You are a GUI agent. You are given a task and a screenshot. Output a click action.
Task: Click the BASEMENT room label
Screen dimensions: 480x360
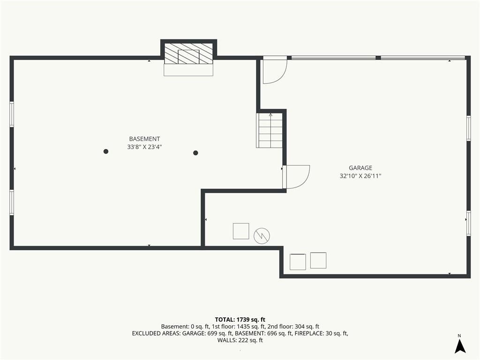point(144,139)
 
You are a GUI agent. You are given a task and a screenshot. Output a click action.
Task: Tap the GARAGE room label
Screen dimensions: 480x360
point(360,168)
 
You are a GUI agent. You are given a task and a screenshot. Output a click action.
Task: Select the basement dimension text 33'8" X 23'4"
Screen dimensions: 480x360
point(144,147)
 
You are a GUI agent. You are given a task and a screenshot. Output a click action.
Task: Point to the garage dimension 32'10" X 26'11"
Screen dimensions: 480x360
point(360,176)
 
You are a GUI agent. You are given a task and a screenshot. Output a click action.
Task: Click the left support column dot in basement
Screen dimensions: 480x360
point(106,151)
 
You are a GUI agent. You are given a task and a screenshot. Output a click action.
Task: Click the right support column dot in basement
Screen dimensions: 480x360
point(195,153)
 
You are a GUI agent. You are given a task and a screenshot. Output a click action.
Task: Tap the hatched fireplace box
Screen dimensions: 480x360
point(188,53)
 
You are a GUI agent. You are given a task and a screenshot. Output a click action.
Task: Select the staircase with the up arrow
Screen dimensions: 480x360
point(270,130)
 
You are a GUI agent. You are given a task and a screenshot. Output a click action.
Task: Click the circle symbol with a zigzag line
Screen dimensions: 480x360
point(262,236)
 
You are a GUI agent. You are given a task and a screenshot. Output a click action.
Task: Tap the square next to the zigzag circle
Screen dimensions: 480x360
point(241,231)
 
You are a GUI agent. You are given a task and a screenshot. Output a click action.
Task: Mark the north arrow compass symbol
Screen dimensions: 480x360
point(460,346)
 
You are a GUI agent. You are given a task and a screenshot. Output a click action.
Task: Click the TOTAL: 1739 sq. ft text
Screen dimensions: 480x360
point(240,320)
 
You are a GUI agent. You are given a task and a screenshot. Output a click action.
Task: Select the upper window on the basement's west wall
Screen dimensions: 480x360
point(12,114)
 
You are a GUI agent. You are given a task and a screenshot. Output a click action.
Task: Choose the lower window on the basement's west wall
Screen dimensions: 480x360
point(12,202)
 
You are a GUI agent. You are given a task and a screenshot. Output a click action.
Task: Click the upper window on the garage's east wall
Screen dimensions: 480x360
point(468,128)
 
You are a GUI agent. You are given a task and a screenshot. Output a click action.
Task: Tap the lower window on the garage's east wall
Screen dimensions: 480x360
point(468,223)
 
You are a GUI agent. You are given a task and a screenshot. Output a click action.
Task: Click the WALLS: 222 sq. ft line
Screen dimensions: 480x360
point(240,340)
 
